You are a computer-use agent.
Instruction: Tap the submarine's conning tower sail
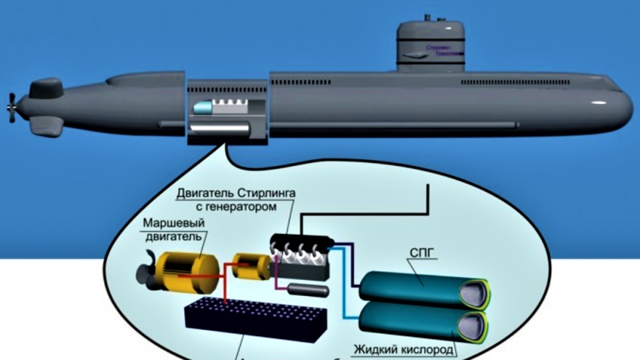tap(431, 46)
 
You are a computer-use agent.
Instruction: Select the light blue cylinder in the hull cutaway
tap(201, 108)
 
